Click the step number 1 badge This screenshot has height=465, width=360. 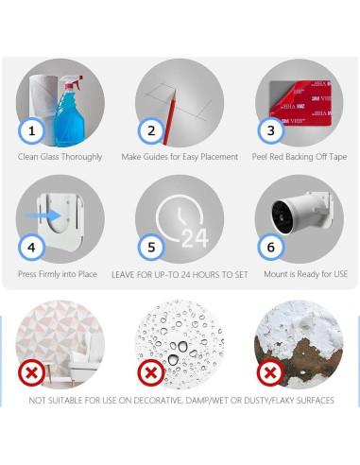pyautogui.click(x=31, y=130)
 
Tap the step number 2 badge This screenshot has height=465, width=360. pyautogui.click(x=151, y=130)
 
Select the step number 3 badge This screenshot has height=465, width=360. pyautogui.click(x=271, y=130)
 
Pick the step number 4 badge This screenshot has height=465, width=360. pyautogui.click(x=31, y=248)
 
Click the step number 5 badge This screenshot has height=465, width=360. pyautogui.click(x=151, y=248)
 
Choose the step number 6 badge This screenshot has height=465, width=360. pyautogui.click(x=271, y=248)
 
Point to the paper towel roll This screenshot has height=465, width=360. pyautogui.click(x=43, y=107)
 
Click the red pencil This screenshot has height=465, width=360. pyautogui.click(x=170, y=117)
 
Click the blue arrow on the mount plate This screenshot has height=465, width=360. pyautogui.click(x=43, y=215)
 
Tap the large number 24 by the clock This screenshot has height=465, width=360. pyautogui.click(x=195, y=238)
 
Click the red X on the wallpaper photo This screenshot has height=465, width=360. pyautogui.click(x=31, y=373)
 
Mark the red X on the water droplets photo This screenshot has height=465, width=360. pyautogui.click(x=151, y=373)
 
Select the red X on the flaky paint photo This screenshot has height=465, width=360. pyautogui.click(x=270, y=373)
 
